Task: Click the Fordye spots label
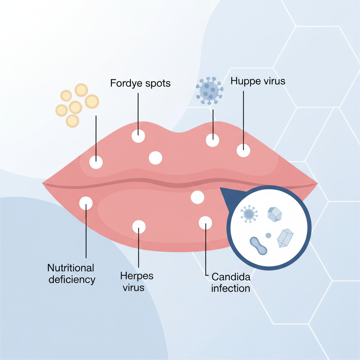tap(140, 83)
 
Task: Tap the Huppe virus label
tap(258, 81)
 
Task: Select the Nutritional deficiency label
tap(71, 274)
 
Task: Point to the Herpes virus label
tap(137, 282)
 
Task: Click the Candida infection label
tap(231, 283)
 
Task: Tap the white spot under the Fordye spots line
tap(138, 136)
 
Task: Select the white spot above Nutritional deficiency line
tap(86, 203)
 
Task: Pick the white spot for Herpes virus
tap(139, 227)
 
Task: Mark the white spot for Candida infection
tap(205, 223)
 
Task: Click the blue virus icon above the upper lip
tap(210, 91)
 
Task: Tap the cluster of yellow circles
tap(77, 105)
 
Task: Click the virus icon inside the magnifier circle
tap(249, 214)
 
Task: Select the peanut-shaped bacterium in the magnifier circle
tap(258, 246)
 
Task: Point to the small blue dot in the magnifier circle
tap(268, 235)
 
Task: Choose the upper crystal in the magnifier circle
tap(275, 214)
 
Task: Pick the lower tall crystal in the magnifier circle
tap(285, 238)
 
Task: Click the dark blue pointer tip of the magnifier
tap(220, 188)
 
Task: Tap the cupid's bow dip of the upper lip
tap(179, 133)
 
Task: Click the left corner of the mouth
tap(43, 183)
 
